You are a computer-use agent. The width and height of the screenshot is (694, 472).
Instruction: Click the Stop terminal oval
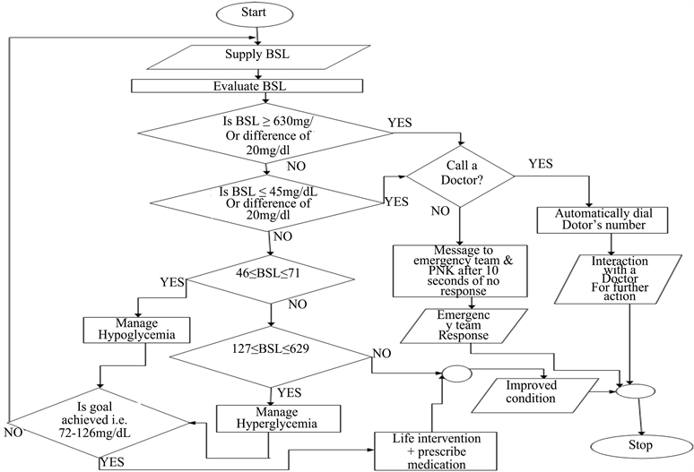[640, 445]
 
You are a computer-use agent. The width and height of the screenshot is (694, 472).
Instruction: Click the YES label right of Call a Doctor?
[542, 164]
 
